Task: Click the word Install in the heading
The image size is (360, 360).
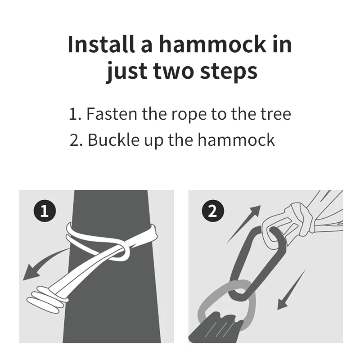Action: click(x=101, y=44)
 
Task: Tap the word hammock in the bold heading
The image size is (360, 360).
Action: click(x=212, y=44)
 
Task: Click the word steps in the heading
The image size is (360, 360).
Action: click(x=229, y=71)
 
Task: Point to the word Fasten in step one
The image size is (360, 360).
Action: click(x=112, y=114)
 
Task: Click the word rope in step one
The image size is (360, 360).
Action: click(x=189, y=115)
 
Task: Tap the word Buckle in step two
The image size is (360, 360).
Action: click(x=114, y=139)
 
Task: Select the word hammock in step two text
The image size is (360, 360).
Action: click(x=236, y=139)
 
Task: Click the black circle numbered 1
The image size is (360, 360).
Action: click(x=45, y=211)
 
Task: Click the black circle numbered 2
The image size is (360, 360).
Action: click(x=213, y=211)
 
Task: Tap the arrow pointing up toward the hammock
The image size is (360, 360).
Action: click(x=244, y=224)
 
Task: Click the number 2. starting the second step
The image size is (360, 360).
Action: click(x=76, y=140)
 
